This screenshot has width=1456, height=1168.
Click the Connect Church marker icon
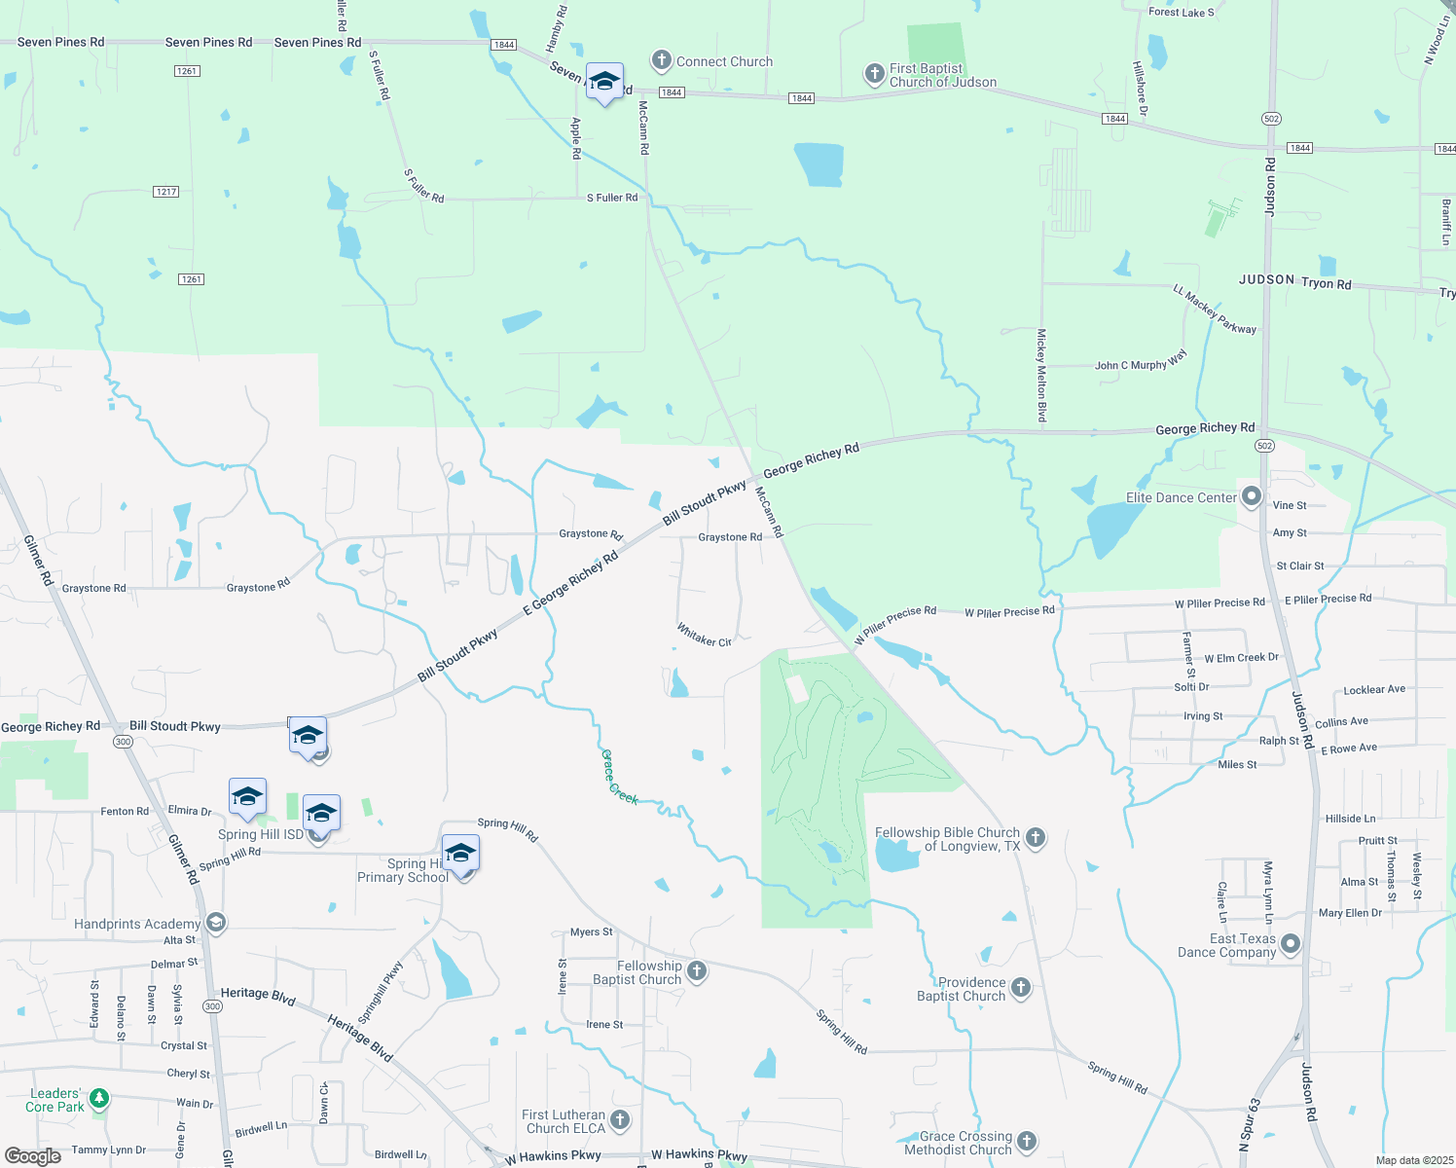tap(662, 61)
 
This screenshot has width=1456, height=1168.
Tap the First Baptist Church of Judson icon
tap(875, 74)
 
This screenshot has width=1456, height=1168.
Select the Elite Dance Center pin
tap(1252, 497)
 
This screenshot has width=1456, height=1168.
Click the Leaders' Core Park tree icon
tap(98, 1100)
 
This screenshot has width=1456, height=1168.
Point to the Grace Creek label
tap(619, 777)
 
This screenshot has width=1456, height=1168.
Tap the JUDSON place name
tap(1266, 279)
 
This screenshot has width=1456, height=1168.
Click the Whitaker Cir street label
tap(704, 637)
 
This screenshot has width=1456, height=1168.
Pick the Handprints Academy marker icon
tap(216, 923)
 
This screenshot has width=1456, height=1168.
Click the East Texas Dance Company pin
tap(1291, 943)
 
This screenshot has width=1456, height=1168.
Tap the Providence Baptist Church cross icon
tap(1020, 988)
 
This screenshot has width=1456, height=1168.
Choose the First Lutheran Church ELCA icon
tap(620, 1120)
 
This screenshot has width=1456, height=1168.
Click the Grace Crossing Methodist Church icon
tap(1027, 1142)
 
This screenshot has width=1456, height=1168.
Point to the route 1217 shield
tap(166, 192)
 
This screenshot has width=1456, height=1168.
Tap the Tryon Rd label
tap(1326, 284)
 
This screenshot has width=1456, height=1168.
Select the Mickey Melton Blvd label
tap(1041, 375)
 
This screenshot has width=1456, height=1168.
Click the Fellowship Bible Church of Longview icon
tap(1036, 837)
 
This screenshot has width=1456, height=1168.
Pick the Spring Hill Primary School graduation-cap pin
tap(460, 855)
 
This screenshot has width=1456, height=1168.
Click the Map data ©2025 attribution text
tap(1413, 1160)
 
